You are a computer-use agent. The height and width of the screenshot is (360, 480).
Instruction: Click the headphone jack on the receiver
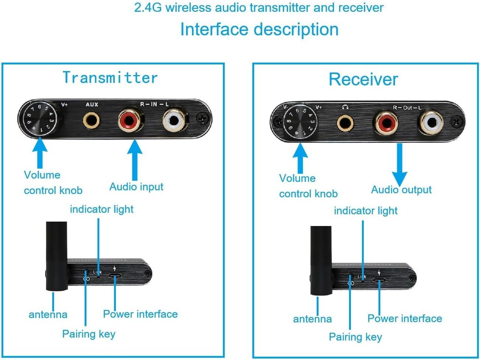tap(346, 124)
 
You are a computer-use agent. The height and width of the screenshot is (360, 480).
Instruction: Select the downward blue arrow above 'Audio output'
tap(399, 164)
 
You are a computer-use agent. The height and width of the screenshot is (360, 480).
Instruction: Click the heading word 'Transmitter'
tap(110, 78)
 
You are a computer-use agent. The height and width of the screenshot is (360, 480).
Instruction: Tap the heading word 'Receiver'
tap(363, 80)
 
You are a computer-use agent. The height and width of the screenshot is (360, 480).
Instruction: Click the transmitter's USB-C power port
tap(115, 276)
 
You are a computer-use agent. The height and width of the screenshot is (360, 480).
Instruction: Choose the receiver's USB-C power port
tap(380, 280)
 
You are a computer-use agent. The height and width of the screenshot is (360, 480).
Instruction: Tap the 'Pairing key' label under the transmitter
tap(89, 334)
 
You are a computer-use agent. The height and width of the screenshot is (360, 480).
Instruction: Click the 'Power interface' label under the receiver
tap(405, 318)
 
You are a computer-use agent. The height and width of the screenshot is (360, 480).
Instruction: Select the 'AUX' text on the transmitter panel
tap(92, 105)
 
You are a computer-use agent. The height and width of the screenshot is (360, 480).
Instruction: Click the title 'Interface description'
tap(259, 29)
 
